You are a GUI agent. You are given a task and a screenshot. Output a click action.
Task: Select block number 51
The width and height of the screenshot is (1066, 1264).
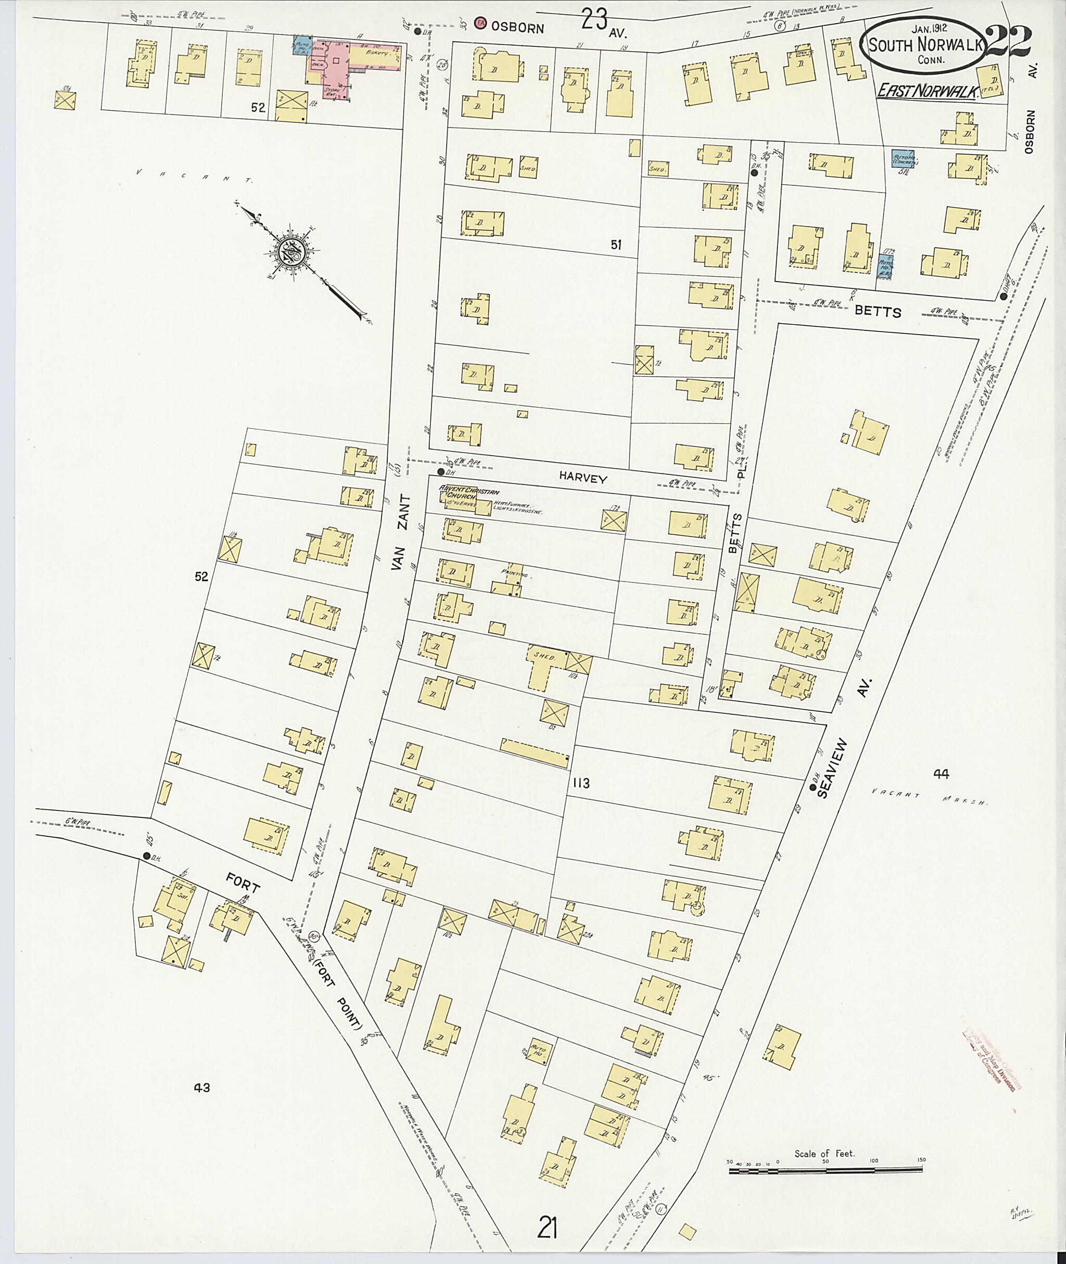click(x=615, y=245)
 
